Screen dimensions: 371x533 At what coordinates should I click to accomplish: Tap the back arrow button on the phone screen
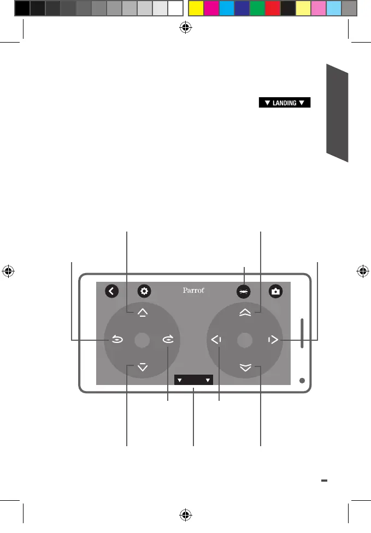pyautogui.click(x=111, y=291)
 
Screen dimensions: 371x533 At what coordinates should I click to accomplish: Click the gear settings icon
pyautogui.click(x=144, y=291)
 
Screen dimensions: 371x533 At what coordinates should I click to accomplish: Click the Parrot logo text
pyautogui.click(x=193, y=291)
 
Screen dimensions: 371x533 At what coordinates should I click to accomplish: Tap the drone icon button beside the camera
pyautogui.click(x=244, y=292)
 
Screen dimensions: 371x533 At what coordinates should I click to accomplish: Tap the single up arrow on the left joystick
pyautogui.click(x=143, y=312)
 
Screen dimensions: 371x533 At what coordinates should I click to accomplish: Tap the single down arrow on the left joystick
pyautogui.click(x=143, y=368)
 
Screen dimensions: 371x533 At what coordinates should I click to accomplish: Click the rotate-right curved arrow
pyautogui.click(x=167, y=340)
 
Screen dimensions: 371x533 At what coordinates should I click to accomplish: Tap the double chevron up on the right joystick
pyautogui.click(x=245, y=312)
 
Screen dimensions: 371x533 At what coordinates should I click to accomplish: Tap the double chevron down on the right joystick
pyautogui.click(x=245, y=368)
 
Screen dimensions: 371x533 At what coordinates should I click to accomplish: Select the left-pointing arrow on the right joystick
pyautogui.click(x=216, y=340)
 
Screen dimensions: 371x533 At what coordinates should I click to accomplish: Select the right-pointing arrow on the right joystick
pyautogui.click(x=273, y=340)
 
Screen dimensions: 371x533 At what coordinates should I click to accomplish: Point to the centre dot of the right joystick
pyautogui.click(x=245, y=340)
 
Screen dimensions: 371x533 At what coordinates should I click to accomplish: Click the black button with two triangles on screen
pyautogui.click(x=193, y=380)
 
